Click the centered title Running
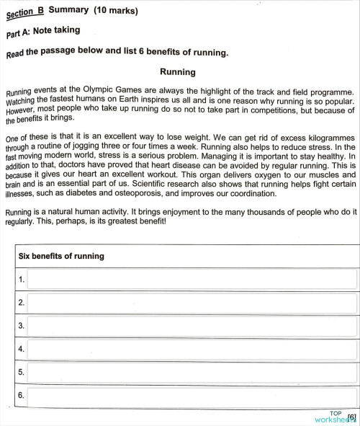(x=177, y=72)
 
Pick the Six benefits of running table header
(x=61, y=256)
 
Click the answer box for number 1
(x=192, y=279)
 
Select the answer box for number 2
(x=192, y=303)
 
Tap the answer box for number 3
(x=192, y=326)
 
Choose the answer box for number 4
(x=192, y=350)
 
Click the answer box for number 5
(x=192, y=373)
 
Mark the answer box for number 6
(x=192, y=396)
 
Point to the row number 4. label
(x=22, y=350)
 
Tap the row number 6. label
(x=22, y=396)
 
